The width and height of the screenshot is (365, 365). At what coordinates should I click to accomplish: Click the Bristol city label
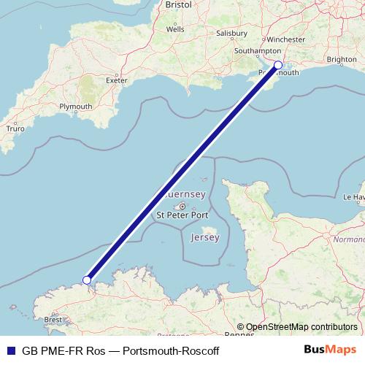(179, 4)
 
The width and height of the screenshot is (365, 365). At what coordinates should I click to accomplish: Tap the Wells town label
(175, 30)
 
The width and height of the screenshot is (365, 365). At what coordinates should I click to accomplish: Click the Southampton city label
(257, 51)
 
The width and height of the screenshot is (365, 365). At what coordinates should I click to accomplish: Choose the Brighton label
(343, 60)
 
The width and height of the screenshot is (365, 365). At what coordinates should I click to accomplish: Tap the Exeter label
(117, 80)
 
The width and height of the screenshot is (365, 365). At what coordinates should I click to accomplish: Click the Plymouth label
(77, 107)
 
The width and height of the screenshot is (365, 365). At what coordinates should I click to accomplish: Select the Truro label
(15, 128)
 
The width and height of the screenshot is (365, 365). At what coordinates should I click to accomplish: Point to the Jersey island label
(204, 239)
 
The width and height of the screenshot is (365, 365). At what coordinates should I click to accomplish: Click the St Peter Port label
(182, 216)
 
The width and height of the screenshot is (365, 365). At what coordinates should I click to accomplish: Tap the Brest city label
(53, 320)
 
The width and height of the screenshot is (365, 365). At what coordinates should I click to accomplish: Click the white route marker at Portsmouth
(278, 65)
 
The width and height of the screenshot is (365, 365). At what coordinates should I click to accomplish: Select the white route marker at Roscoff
(87, 280)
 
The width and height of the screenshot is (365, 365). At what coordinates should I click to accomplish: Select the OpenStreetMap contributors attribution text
(301, 327)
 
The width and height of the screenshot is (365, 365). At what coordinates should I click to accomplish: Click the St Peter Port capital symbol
(183, 206)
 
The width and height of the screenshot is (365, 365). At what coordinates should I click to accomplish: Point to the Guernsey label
(186, 194)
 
